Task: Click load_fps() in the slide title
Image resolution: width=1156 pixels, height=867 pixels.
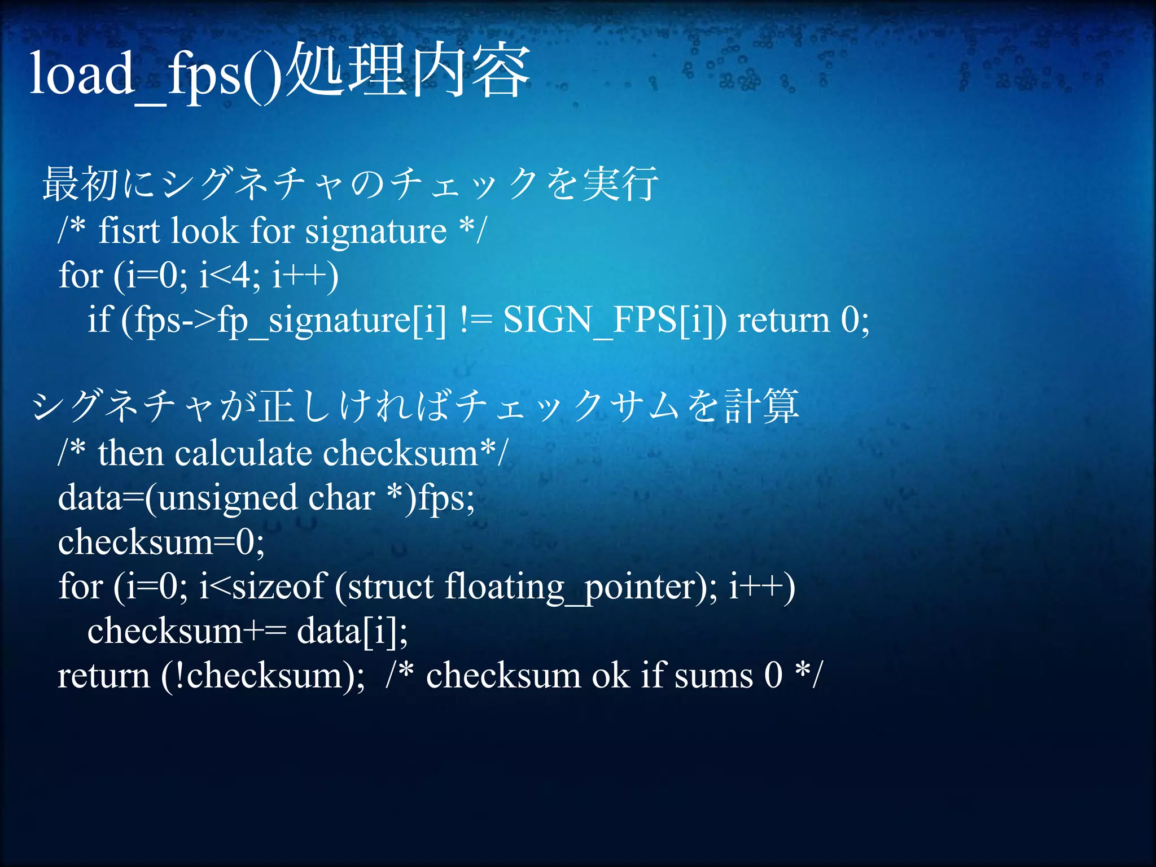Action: (155, 73)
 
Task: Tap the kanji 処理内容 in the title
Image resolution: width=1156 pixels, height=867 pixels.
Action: (408, 72)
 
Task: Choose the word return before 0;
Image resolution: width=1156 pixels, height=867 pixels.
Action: (784, 320)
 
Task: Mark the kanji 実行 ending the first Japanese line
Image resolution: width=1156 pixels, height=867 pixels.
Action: (620, 184)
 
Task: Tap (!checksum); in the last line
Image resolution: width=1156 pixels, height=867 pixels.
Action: (263, 676)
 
